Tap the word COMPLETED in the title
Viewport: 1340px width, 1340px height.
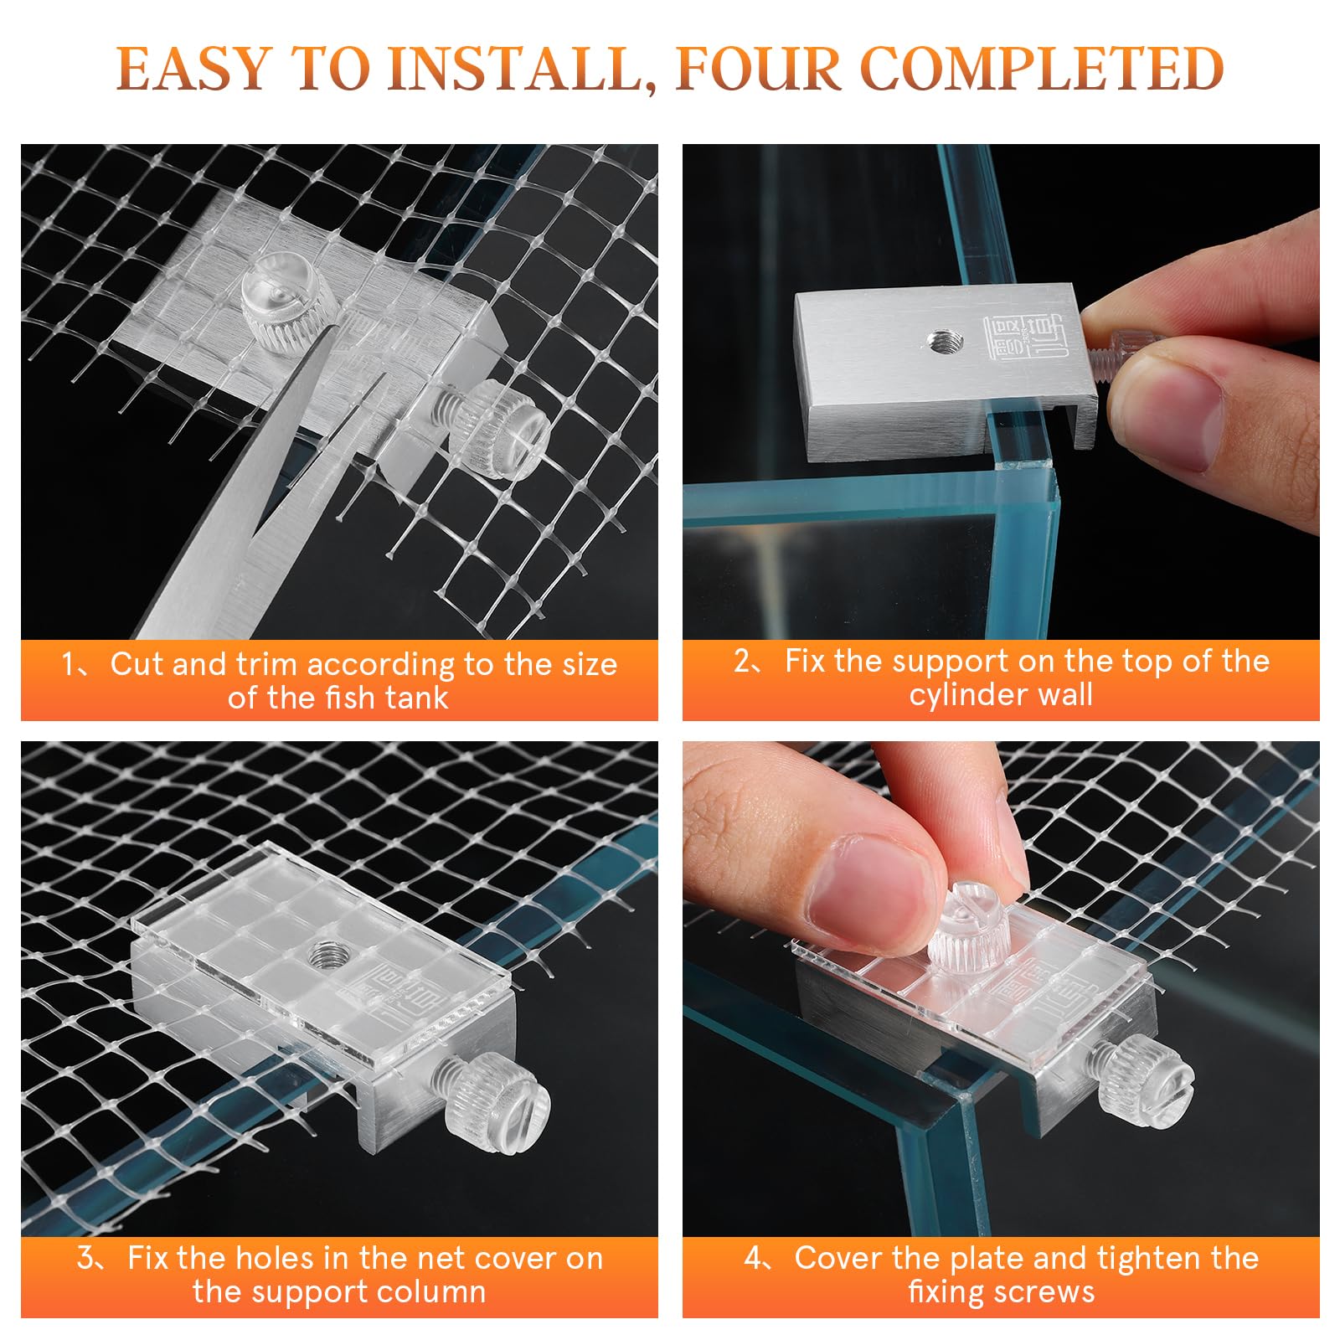[1042, 69]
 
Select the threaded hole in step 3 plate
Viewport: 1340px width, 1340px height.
[323, 955]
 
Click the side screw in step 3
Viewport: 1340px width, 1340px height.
[503, 1102]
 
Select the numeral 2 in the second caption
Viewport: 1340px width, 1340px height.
[742, 662]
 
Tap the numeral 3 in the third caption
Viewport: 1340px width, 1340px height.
[85, 1258]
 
